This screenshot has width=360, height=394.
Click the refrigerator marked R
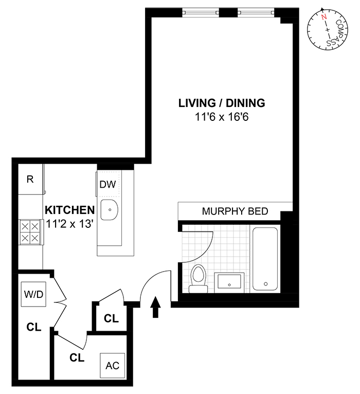[x=30, y=180]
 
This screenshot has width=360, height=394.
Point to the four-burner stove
[x=30, y=231]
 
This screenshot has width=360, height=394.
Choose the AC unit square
[x=112, y=365]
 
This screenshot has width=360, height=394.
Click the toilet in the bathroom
[x=198, y=278]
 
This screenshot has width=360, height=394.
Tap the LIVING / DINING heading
[x=222, y=103]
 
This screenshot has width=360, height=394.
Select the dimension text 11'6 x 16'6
[x=222, y=117]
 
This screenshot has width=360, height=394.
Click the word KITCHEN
[x=69, y=210]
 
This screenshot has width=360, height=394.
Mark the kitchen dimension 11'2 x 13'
[x=69, y=224]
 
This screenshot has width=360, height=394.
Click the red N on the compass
[x=323, y=16]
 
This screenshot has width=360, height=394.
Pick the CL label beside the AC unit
[x=77, y=357]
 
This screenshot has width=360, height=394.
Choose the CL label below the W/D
[x=33, y=326]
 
